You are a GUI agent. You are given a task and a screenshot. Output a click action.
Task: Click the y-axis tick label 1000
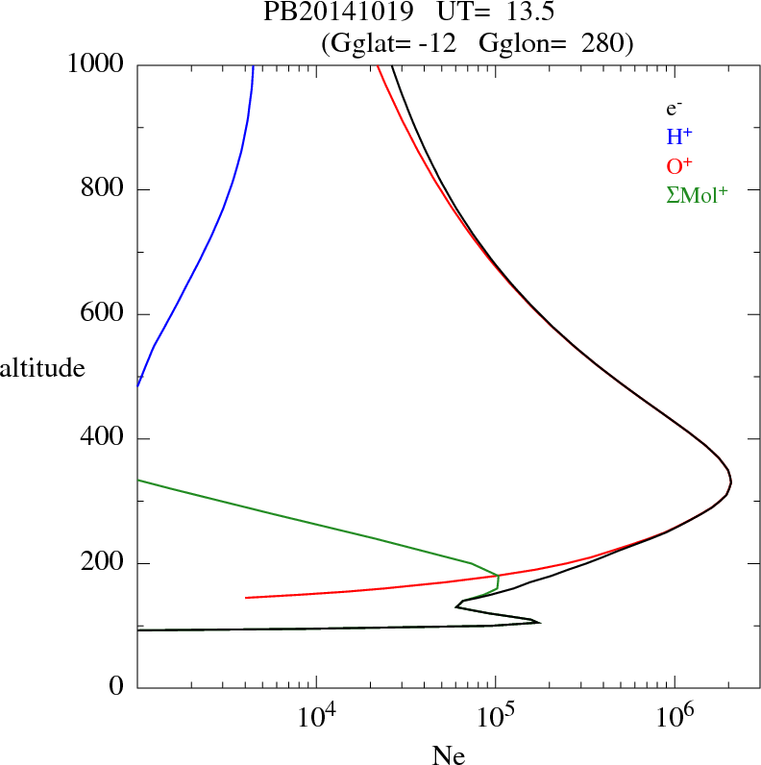pos(97,64)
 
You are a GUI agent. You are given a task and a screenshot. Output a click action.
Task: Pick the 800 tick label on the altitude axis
pos(103,189)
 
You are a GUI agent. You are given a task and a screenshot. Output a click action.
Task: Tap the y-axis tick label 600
pos(103,314)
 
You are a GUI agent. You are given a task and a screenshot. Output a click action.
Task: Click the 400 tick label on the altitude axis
pos(103,439)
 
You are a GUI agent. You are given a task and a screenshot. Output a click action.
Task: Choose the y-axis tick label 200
pos(103,563)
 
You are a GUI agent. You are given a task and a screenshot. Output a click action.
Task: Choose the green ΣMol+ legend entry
pos(697,194)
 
